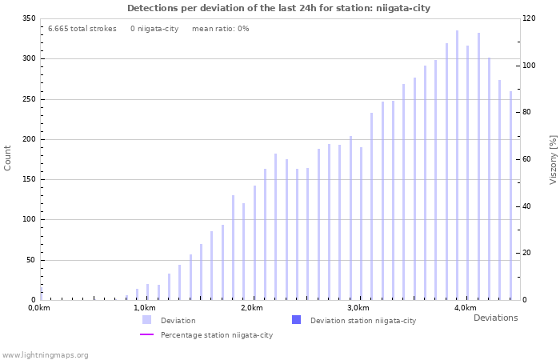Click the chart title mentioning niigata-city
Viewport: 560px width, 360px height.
278,8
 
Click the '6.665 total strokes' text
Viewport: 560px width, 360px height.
82,29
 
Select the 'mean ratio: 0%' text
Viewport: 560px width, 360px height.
220,29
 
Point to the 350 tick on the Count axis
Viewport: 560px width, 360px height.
28,18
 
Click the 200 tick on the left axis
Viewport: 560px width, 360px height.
28,139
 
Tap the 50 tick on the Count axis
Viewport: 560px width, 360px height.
30,260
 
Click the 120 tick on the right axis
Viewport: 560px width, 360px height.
530,18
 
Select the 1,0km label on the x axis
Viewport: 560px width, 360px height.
144,308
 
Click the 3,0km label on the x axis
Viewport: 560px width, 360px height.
358,308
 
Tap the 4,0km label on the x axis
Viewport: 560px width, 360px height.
465,308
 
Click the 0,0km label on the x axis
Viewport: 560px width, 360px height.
39,308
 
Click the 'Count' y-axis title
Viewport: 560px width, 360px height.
8,158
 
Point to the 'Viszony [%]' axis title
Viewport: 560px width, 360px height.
552,159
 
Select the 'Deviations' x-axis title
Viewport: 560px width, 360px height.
495,318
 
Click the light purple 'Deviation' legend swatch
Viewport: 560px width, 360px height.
146,320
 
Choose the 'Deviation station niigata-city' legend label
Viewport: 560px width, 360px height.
362,321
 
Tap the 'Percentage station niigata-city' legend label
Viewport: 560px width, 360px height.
216,335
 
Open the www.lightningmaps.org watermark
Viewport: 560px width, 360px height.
45,354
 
